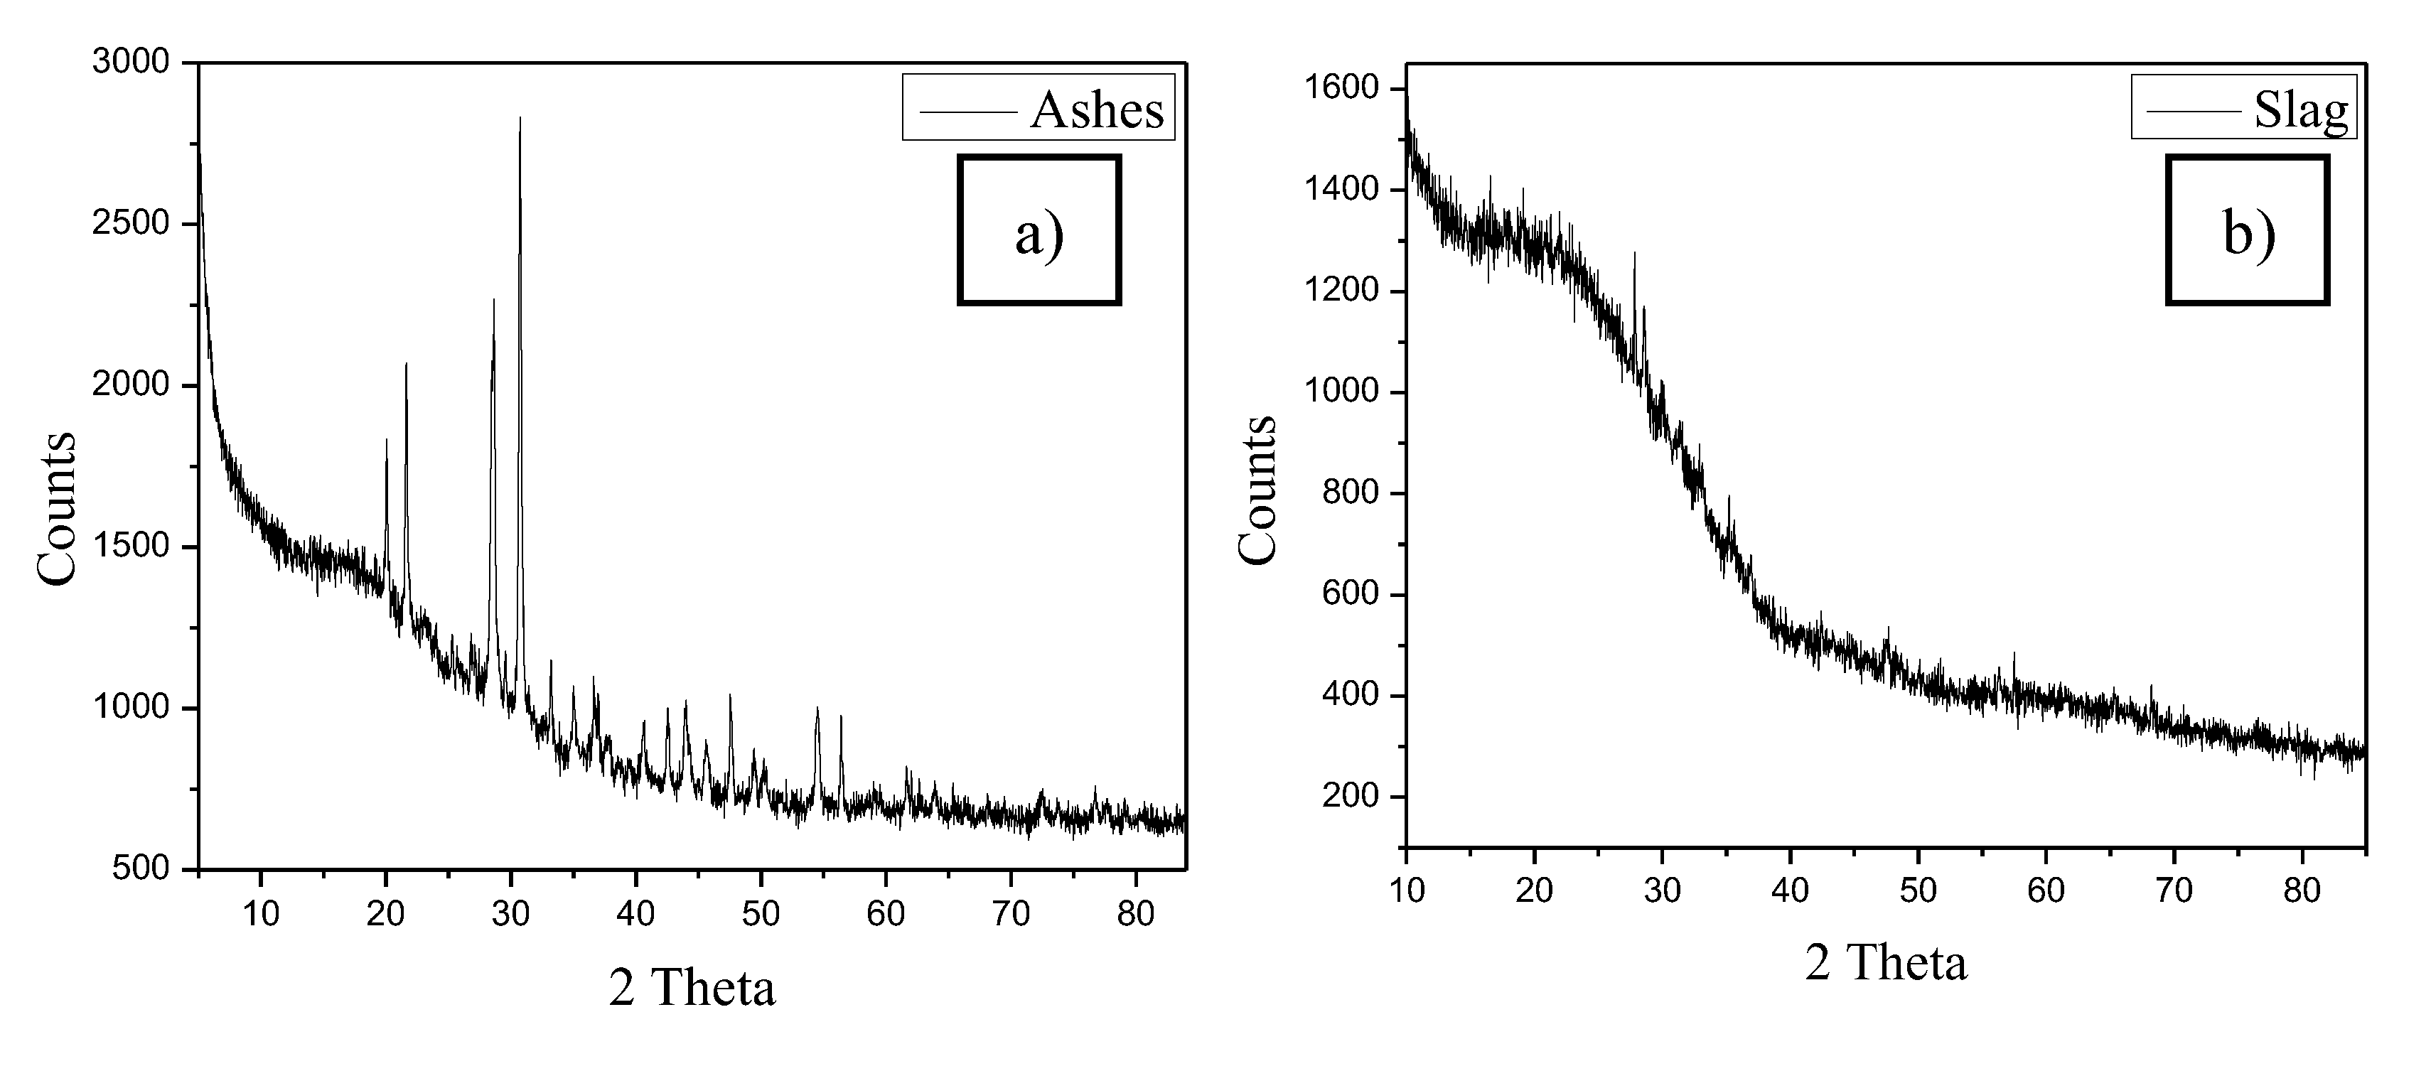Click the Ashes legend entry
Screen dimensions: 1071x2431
pos(1038,109)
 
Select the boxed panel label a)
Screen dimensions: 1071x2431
pos(1039,231)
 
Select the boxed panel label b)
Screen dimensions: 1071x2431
pos(2247,231)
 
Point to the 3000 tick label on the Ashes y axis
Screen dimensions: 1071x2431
pos(130,63)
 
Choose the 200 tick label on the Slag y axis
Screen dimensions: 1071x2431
pos(1351,797)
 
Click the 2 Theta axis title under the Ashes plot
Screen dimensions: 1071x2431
pos(692,989)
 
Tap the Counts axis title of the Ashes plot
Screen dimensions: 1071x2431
pos(57,510)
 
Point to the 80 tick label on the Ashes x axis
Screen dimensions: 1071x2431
pos(1135,913)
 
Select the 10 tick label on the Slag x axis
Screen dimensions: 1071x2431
pos(1407,890)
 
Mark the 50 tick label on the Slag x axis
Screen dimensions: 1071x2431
pos(1918,890)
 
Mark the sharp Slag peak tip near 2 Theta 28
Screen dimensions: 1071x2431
pos(1634,253)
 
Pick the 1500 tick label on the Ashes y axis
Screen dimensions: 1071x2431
pos(130,547)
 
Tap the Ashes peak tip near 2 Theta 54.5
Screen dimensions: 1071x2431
pos(817,708)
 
